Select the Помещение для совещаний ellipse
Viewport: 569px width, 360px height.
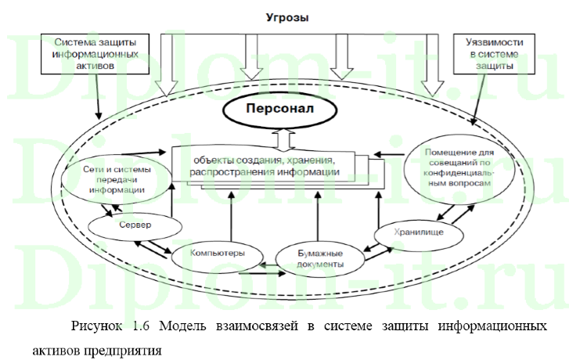(x=459, y=165)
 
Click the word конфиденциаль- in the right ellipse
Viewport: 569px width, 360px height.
(x=459, y=170)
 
